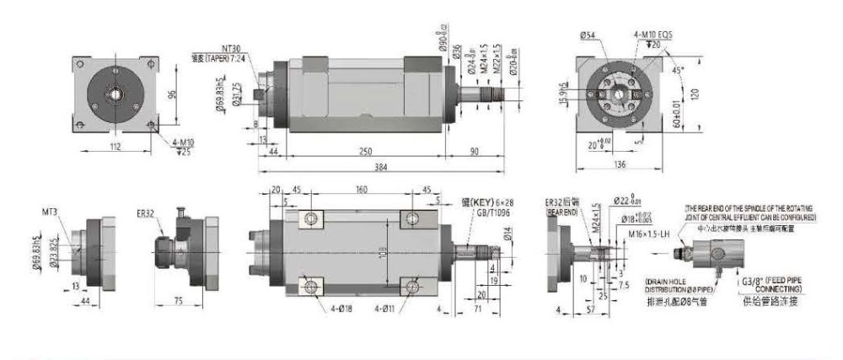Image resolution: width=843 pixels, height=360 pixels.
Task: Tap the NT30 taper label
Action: [x=231, y=50]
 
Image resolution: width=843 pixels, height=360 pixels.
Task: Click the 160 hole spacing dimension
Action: [x=361, y=191]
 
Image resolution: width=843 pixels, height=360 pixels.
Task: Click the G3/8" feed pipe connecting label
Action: [x=769, y=282]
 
